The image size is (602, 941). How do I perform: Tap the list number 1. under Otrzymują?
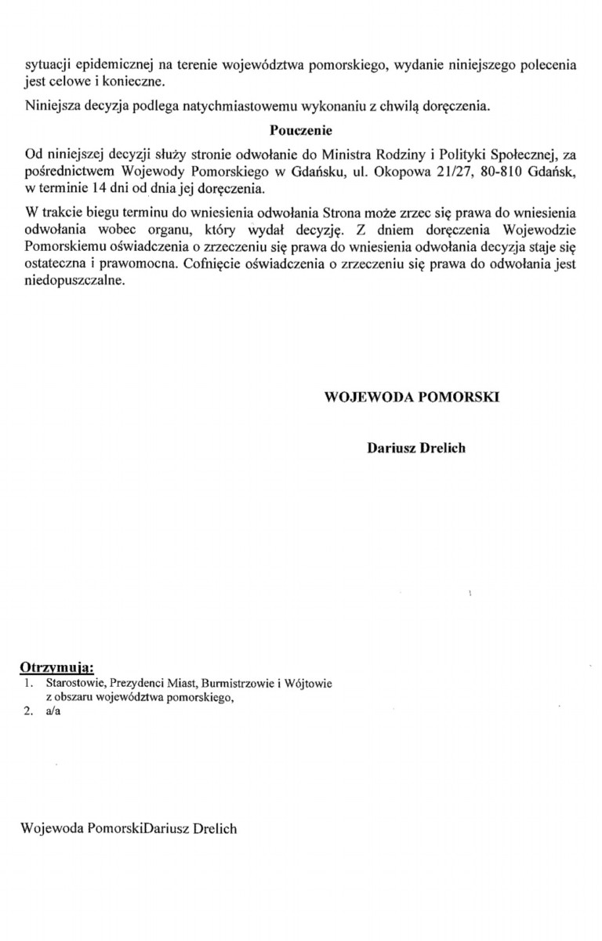pyautogui.click(x=29, y=684)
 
